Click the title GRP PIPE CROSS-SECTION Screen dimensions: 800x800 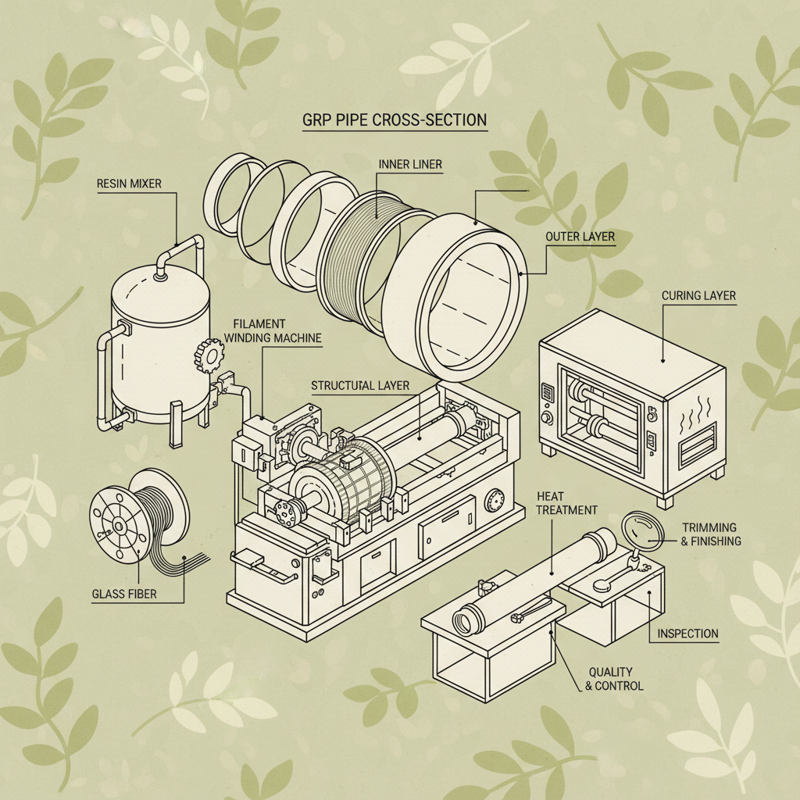395,121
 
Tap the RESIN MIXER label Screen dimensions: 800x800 129,184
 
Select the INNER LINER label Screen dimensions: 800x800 410,164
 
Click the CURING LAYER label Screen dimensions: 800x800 698,296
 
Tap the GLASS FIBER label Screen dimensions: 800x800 124,594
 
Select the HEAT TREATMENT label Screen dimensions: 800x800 568,503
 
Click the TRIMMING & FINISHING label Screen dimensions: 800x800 710,534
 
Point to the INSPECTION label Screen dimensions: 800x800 687,634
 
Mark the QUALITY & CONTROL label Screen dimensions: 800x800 614,679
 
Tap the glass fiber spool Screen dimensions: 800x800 133,508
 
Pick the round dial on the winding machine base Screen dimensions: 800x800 494,501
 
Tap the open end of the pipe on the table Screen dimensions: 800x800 470,619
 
